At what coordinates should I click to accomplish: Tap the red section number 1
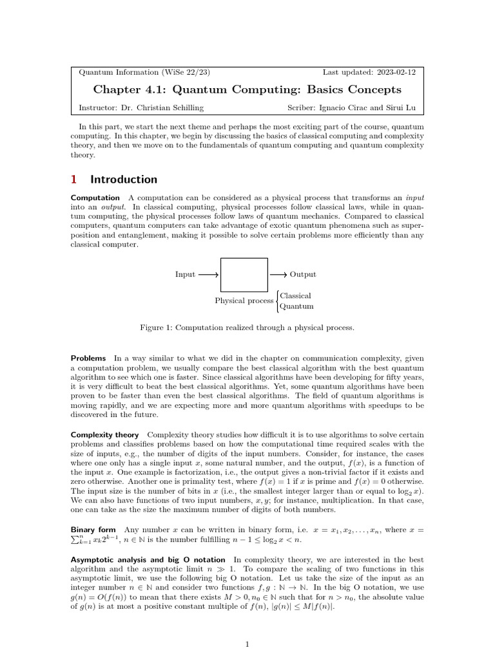click(74, 180)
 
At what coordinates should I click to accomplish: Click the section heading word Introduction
click(124, 180)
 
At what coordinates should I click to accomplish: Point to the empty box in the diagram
click(244, 275)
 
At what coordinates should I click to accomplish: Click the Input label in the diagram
click(185, 275)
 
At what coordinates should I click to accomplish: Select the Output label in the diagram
click(303, 275)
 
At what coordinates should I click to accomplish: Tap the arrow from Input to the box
click(208, 275)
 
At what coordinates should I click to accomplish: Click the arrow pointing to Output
click(278, 275)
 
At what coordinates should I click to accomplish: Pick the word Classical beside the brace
click(296, 296)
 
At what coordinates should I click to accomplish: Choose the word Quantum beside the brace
click(296, 307)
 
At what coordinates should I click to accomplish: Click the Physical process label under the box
click(244, 301)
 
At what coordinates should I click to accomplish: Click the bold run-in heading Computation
click(95, 198)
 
